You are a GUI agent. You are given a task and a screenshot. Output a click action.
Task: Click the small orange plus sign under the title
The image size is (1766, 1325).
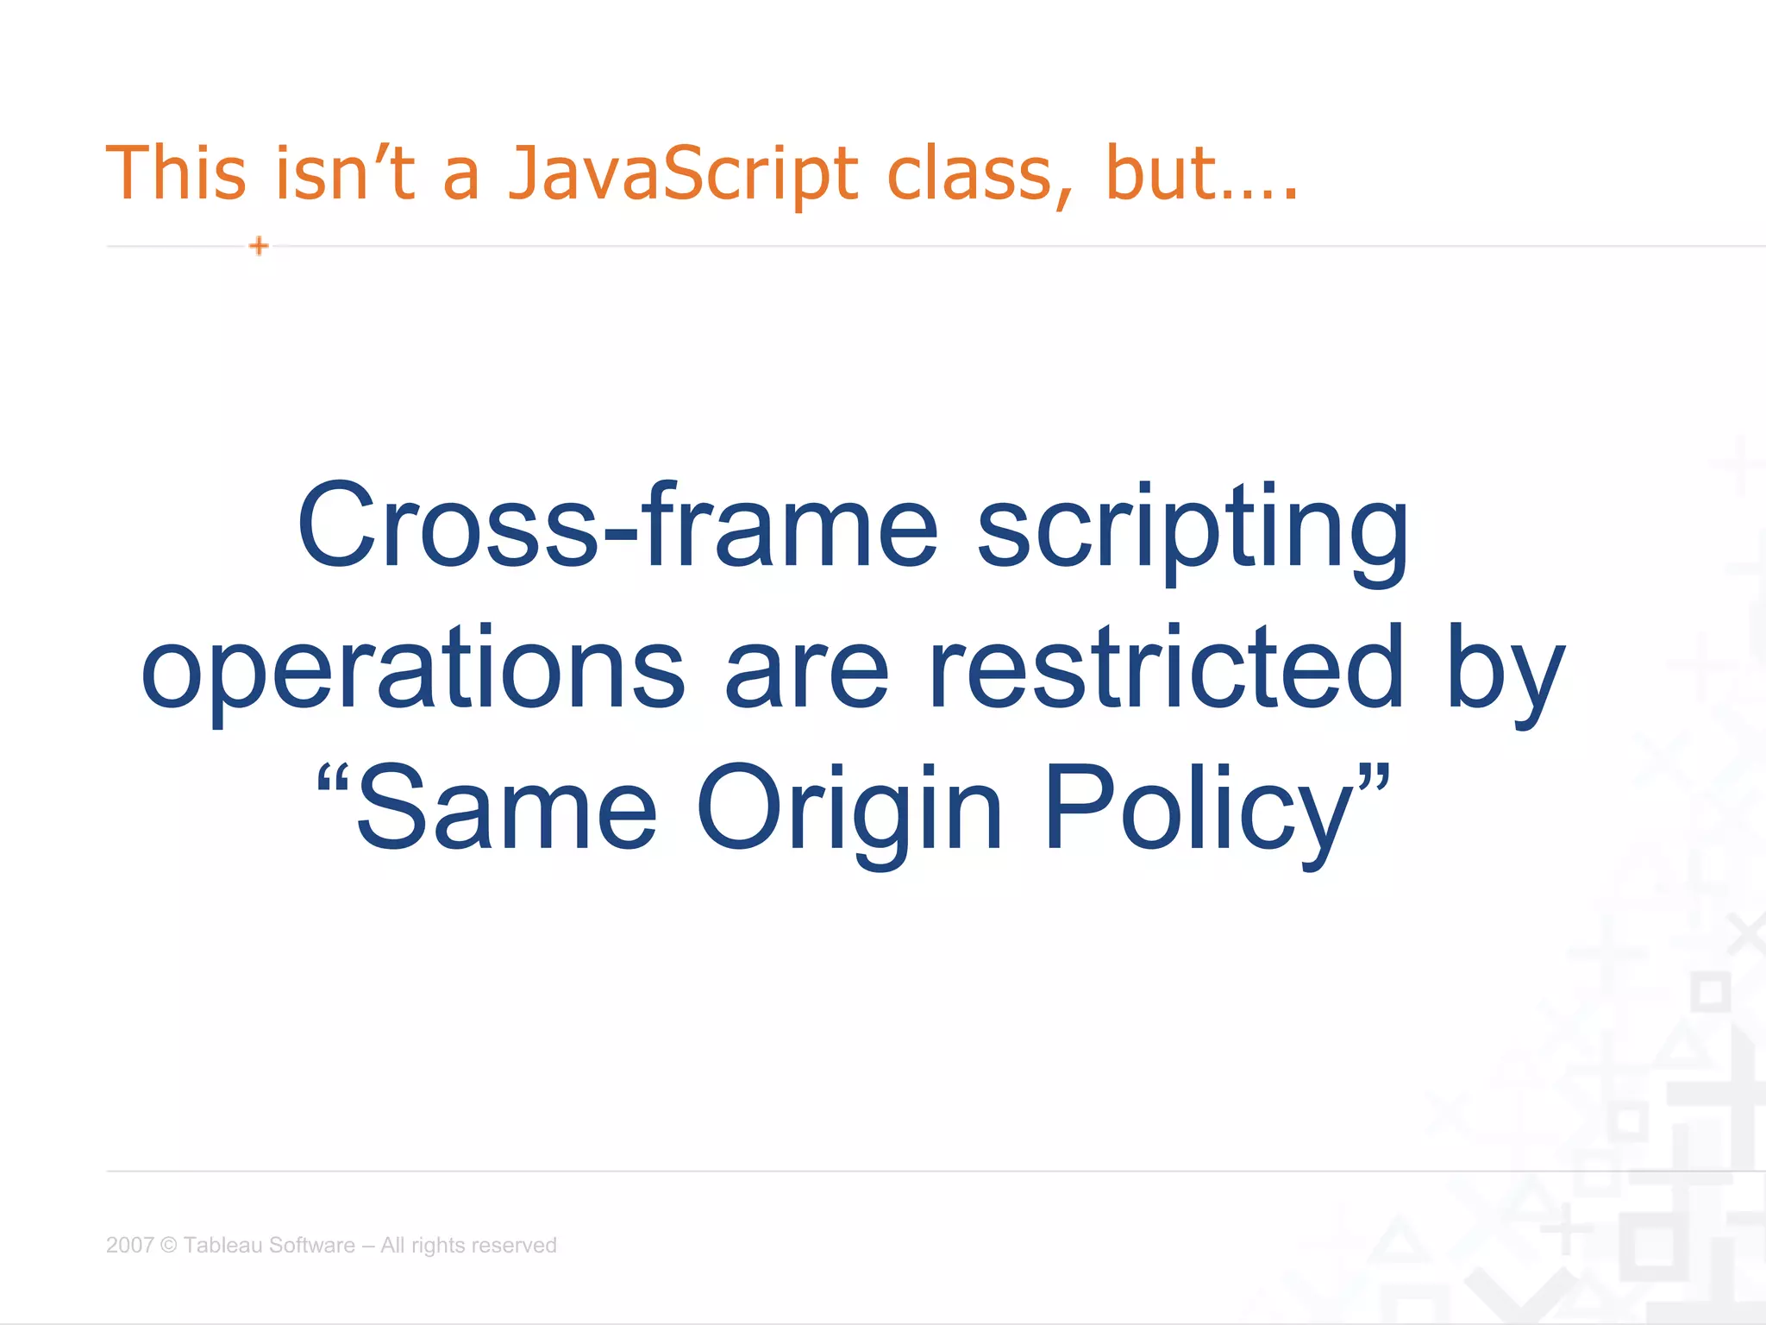(259, 247)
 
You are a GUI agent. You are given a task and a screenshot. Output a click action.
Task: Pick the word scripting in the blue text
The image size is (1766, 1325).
(1193, 528)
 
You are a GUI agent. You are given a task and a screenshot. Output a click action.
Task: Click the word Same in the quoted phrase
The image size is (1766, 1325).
(506, 808)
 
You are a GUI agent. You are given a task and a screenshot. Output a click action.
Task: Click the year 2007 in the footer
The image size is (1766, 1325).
(130, 1245)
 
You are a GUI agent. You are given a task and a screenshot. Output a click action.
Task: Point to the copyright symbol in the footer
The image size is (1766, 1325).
(169, 1245)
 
